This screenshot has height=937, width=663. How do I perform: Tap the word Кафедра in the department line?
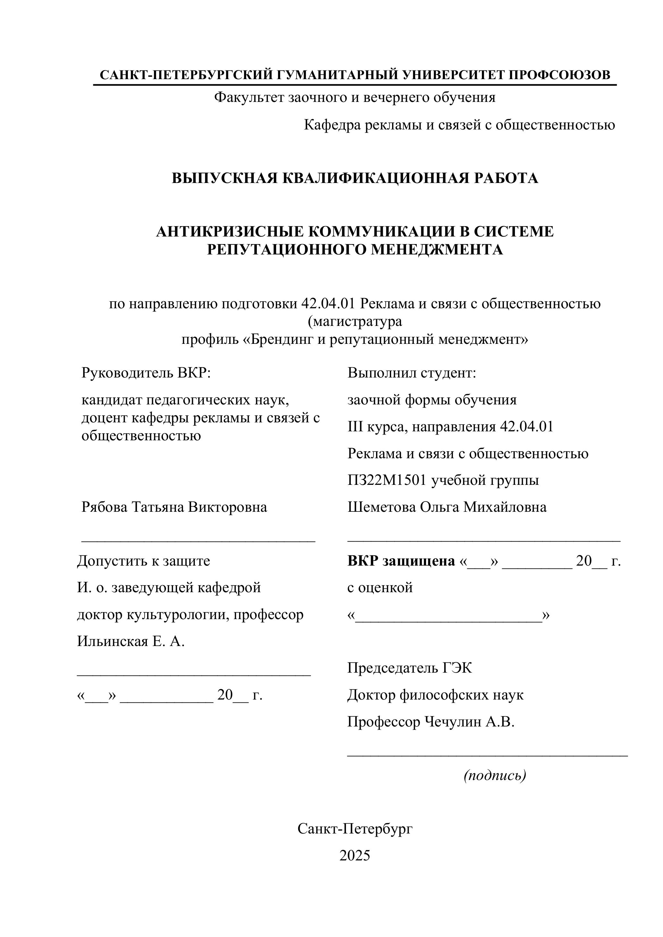(331, 125)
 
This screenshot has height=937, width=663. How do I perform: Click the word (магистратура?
(355, 322)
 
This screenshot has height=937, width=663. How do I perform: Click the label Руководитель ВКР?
(146, 373)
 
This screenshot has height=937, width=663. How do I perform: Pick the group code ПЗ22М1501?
(387, 480)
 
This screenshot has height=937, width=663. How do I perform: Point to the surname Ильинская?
(112, 642)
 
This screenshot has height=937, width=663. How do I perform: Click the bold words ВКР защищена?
(401, 561)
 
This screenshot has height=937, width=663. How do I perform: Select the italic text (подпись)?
(495, 775)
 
